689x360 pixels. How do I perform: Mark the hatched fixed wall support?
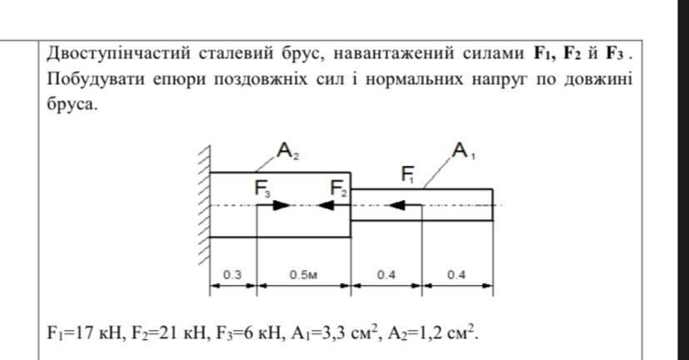202,205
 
